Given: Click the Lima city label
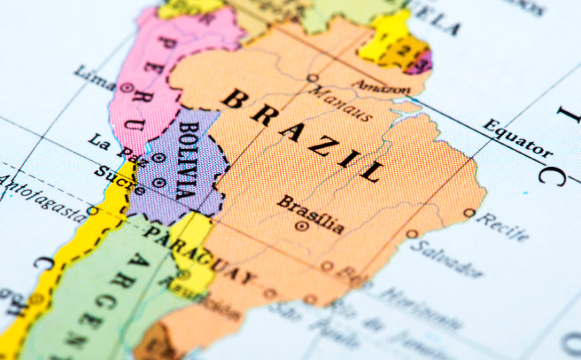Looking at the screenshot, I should tap(94, 77).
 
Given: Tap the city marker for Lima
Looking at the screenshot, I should tap(127, 88).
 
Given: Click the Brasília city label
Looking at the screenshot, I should tap(311, 213).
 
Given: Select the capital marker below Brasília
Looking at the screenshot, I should tap(302, 227).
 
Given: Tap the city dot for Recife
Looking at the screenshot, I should tap(469, 213).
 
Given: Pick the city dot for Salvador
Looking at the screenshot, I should tap(412, 234).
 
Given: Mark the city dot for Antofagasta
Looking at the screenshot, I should tap(92, 209).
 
